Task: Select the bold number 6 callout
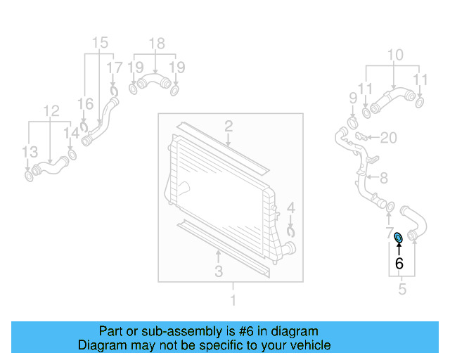click(x=399, y=264)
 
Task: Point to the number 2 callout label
click(x=229, y=127)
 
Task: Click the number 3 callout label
click(x=219, y=271)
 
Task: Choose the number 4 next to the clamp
click(x=290, y=209)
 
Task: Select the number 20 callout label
click(x=390, y=136)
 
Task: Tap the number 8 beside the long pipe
click(x=383, y=179)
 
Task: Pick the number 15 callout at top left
click(x=101, y=41)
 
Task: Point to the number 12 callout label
click(x=51, y=110)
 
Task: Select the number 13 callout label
click(x=29, y=152)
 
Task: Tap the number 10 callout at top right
click(x=395, y=55)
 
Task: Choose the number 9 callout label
click(x=353, y=96)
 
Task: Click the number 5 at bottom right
click(x=401, y=289)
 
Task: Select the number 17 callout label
click(x=114, y=67)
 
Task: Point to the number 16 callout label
click(x=85, y=104)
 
